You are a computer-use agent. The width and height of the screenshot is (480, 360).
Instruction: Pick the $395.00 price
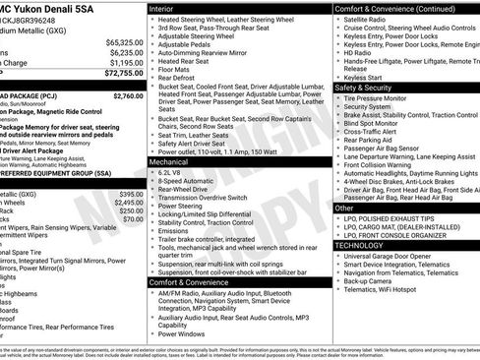129,195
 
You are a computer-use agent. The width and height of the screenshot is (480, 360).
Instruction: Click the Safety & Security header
364,88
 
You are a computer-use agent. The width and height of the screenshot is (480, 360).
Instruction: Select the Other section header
344,209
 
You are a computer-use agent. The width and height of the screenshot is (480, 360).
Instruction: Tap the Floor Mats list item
172,71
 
